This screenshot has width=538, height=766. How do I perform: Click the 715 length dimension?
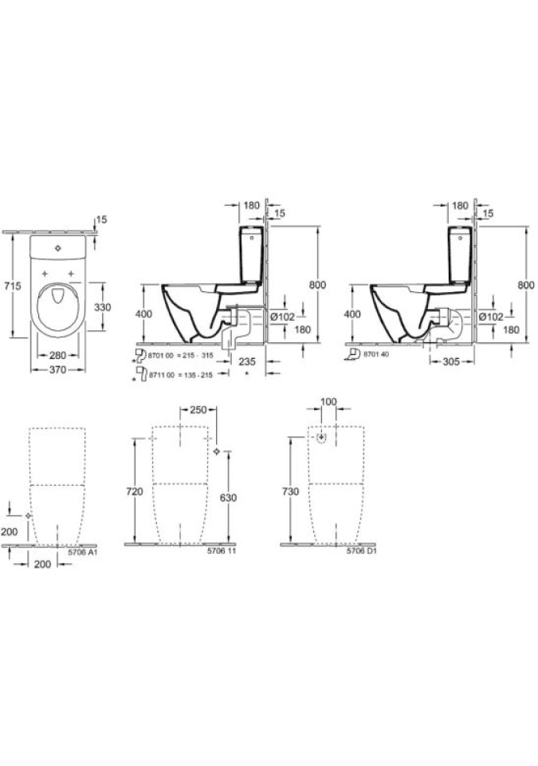click(12, 286)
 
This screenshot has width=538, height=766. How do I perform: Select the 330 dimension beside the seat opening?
click(103, 307)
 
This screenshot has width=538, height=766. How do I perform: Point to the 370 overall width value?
click(58, 369)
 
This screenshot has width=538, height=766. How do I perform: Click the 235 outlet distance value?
click(246, 361)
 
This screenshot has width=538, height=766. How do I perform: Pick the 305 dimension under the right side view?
click(451, 361)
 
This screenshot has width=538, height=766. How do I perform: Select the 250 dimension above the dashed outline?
click(198, 410)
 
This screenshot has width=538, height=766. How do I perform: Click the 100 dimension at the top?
click(328, 401)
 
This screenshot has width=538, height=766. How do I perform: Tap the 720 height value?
click(135, 492)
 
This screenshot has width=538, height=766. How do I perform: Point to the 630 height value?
click(228, 498)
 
